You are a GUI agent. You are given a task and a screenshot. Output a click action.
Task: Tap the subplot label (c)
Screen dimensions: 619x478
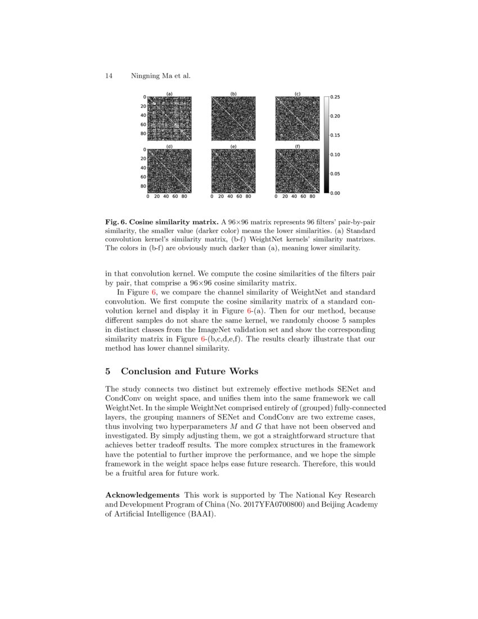297,93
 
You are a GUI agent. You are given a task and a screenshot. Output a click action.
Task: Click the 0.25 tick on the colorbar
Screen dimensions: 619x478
335,97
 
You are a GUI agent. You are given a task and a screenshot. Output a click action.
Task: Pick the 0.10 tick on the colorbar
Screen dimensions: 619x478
335,154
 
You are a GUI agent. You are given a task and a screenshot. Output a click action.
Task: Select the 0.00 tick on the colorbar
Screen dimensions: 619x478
335,193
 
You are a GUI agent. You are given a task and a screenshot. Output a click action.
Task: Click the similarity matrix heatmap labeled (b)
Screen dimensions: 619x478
233,118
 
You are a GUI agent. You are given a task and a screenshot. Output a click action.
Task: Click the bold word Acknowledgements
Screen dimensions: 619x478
142,495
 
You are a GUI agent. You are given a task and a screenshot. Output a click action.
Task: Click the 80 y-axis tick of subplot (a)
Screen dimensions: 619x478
143,133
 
